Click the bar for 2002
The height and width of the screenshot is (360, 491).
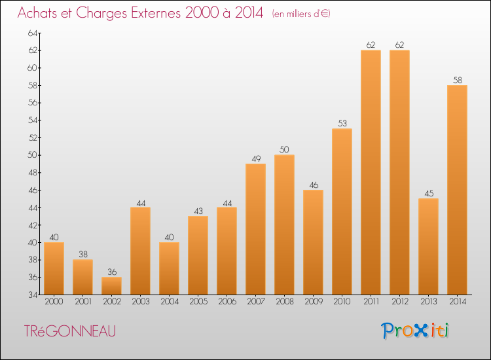click(112, 286)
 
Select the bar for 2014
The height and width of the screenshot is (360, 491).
click(457, 190)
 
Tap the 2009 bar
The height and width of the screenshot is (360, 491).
click(314, 242)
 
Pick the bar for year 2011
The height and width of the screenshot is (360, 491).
click(371, 172)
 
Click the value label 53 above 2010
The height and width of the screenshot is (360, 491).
click(342, 123)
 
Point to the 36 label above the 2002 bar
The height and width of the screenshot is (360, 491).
click(112, 272)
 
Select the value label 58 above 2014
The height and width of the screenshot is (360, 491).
click(458, 80)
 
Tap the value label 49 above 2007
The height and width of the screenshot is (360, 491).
click(256, 158)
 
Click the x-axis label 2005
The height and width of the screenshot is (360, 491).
click(198, 302)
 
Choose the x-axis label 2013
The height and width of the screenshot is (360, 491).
click(429, 302)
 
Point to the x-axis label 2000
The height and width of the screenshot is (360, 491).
click(54, 302)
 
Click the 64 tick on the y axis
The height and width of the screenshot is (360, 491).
click(33, 33)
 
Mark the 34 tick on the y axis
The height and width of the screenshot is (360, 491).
click(33, 295)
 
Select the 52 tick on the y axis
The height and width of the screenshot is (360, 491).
click(33, 137)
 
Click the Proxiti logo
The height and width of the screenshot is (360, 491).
click(415, 331)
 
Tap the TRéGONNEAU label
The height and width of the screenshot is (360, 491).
click(70, 331)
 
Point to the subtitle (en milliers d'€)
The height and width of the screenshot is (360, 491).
click(301, 14)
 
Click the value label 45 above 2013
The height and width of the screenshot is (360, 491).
click(429, 194)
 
